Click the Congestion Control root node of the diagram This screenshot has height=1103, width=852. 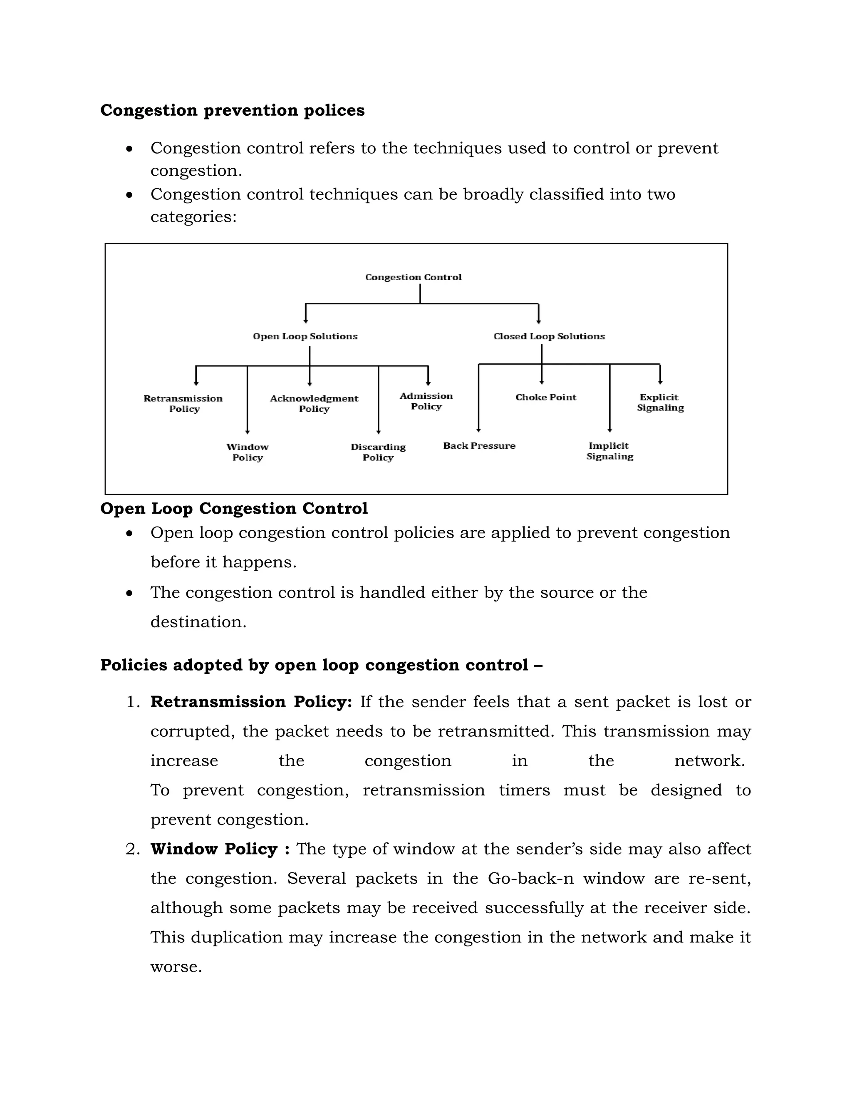[x=413, y=277]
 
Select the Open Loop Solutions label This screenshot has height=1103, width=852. [x=305, y=336]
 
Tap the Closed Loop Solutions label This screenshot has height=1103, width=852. [x=549, y=336]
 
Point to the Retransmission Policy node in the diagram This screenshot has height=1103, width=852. [x=183, y=403]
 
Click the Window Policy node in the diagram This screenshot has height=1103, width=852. [x=248, y=452]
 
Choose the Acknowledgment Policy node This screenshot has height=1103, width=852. [x=314, y=403]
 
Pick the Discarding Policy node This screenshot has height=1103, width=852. [x=378, y=452]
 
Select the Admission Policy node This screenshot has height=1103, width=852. [x=426, y=401]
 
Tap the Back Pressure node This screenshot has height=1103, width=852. [x=479, y=445]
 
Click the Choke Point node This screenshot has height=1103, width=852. [x=546, y=397]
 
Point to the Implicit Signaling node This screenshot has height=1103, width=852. [x=609, y=450]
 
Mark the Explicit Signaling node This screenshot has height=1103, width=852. [x=660, y=402]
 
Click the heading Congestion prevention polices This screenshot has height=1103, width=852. [x=232, y=110]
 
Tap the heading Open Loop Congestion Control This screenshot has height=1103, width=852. [x=234, y=508]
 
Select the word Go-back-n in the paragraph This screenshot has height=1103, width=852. [x=530, y=878]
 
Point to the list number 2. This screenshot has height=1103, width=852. [x=133, y=849]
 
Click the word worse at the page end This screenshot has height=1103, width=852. [x=176, y=966]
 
